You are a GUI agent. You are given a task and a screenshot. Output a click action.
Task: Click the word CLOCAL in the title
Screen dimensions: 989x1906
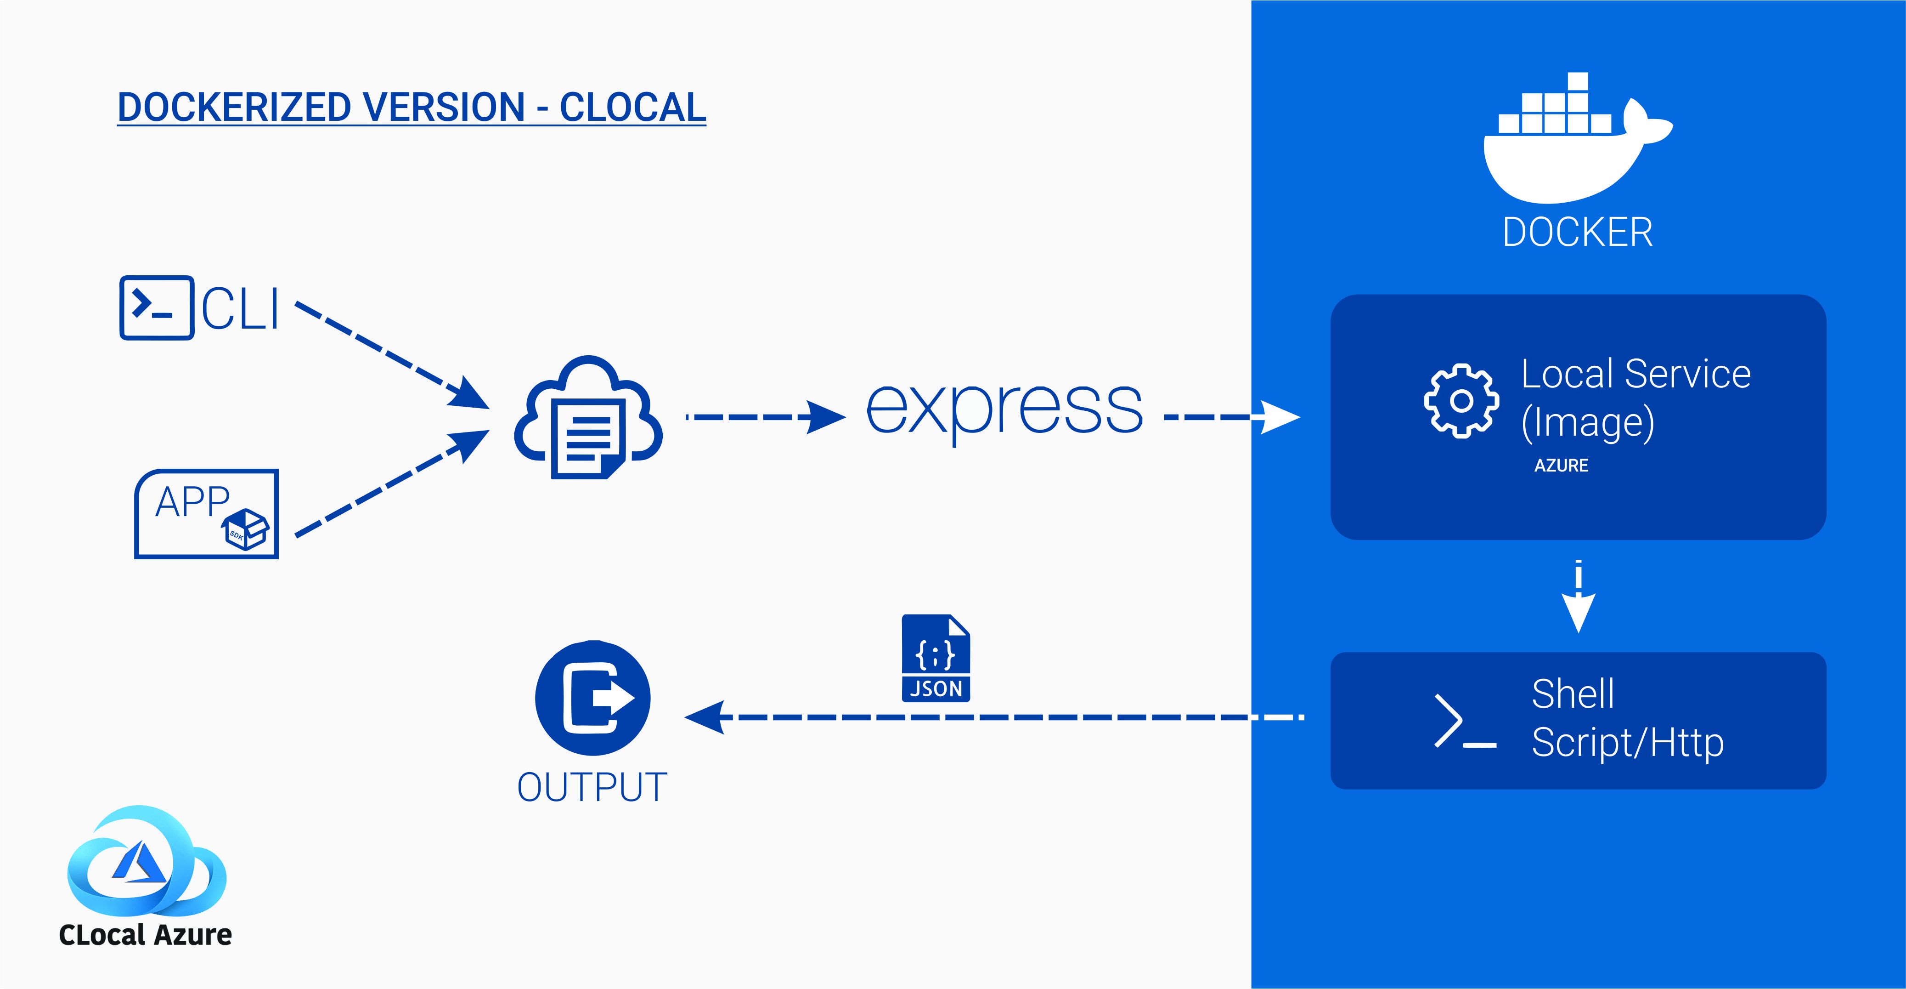coord(632,108)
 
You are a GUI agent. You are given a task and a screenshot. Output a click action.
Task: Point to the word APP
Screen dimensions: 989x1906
coord(192,502)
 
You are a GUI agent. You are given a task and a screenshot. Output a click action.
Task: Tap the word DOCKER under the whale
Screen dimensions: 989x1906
coord(1578,233)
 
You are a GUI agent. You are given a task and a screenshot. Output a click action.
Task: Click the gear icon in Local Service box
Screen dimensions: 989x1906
coord(1461,400)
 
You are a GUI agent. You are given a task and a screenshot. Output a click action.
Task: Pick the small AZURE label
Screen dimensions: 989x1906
coord(1561,466)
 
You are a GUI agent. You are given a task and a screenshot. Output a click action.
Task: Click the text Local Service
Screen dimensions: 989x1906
coord(1635,374)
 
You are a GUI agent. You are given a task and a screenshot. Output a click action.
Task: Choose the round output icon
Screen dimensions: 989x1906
coord(592,698)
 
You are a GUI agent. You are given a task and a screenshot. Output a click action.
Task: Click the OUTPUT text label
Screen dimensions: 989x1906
coord(592,787)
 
